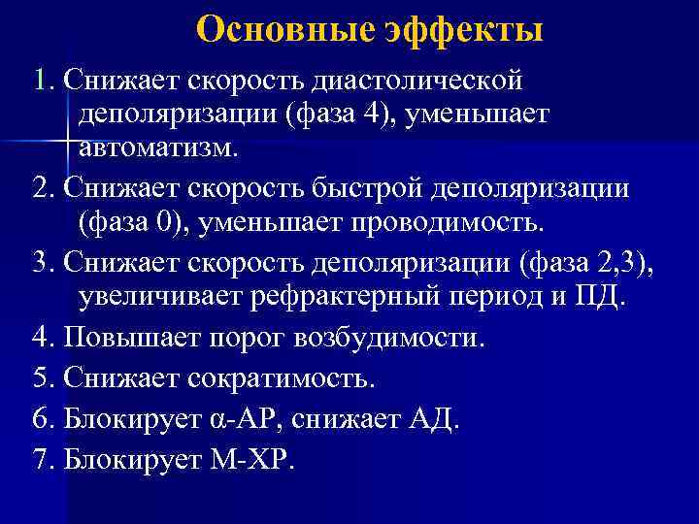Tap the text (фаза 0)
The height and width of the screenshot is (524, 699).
[x=132, y=224]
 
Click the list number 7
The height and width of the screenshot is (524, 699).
[x=40, y=458]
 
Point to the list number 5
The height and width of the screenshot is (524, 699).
[x=40, y=377]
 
